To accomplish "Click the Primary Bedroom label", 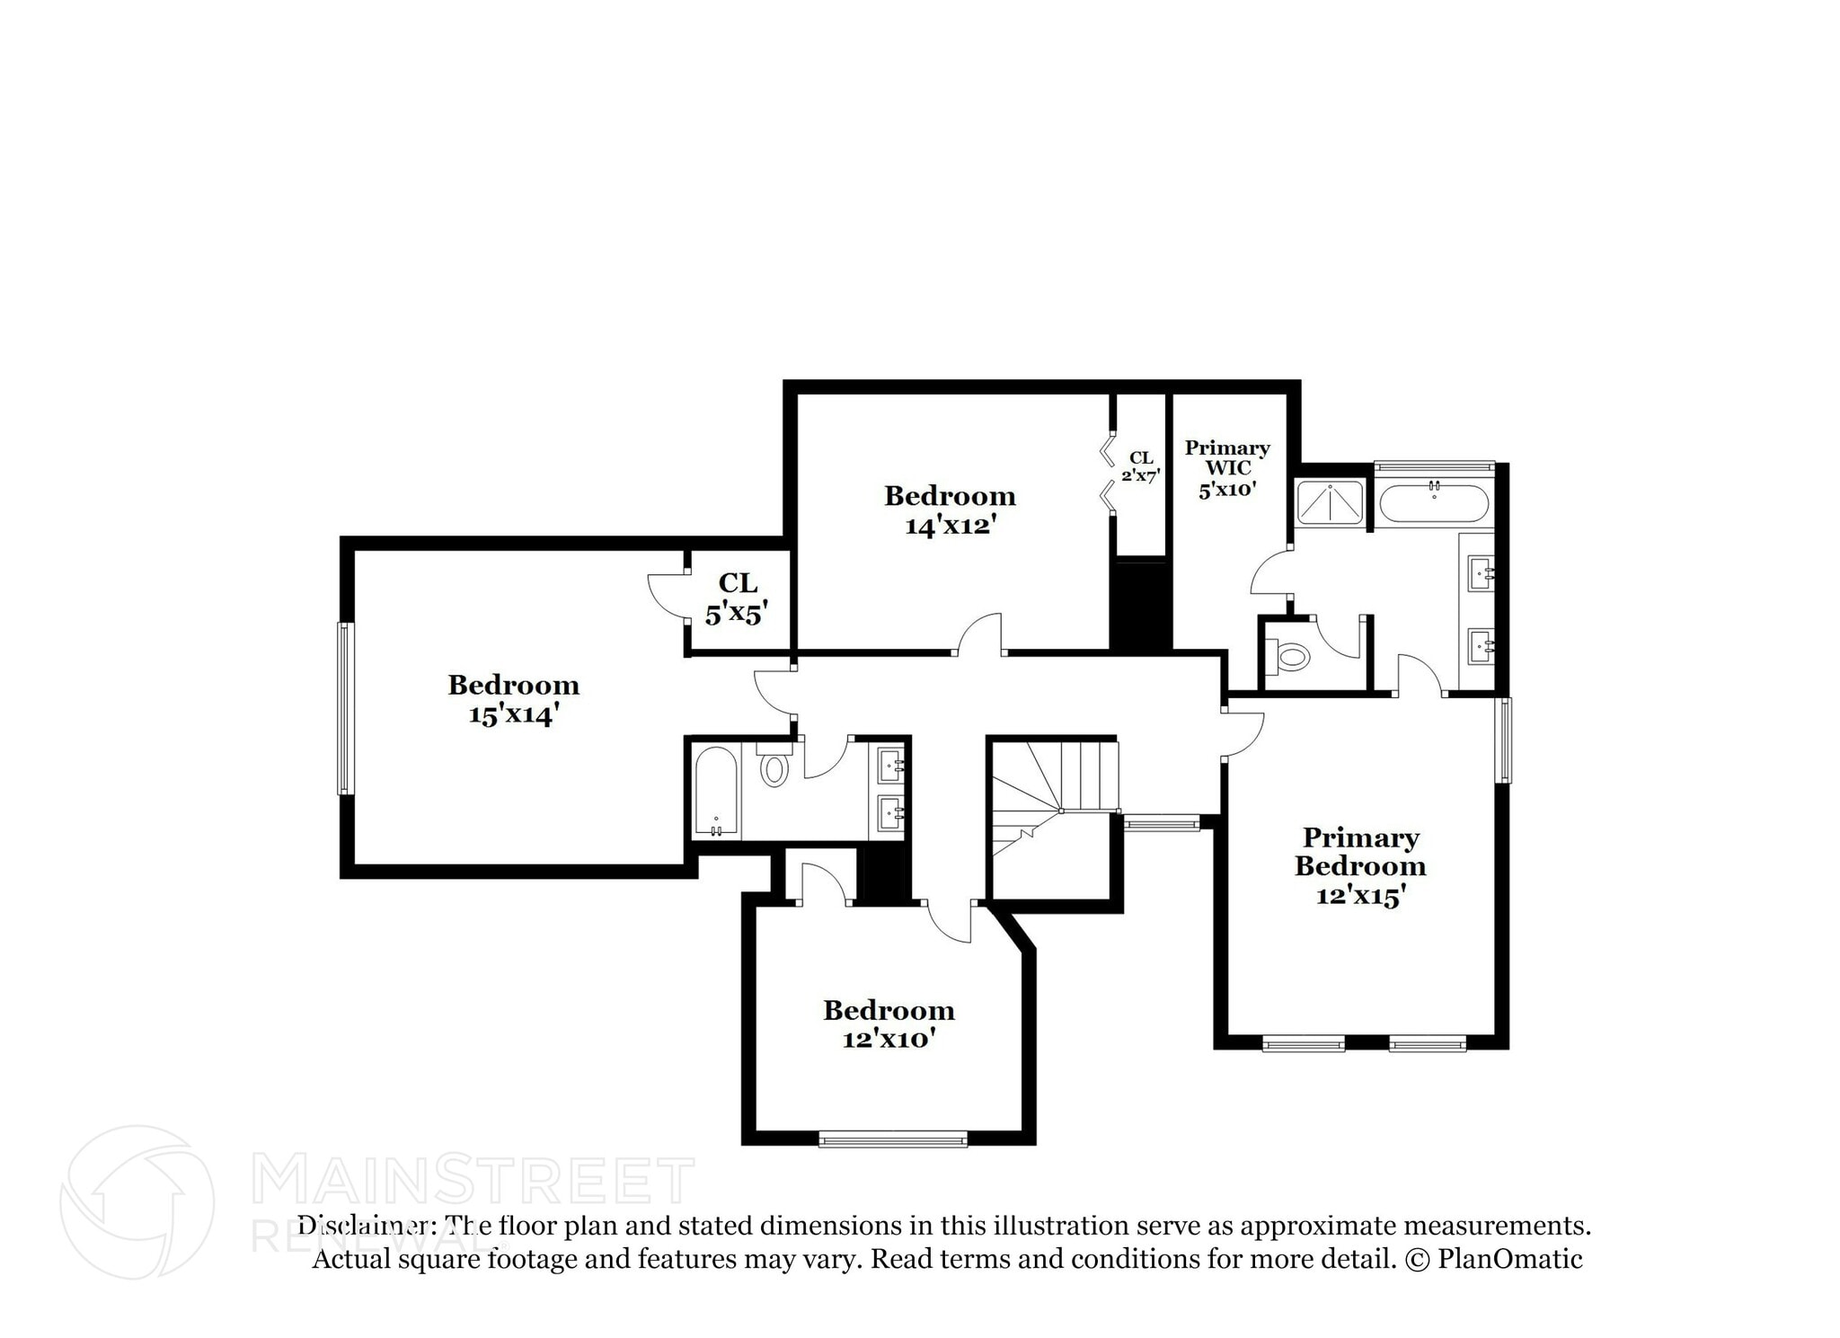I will pos(1359,852).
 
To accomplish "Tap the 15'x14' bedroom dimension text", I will pos(514,715).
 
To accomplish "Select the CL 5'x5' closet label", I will pos(737,598).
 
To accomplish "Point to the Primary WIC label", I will pos(1227,458).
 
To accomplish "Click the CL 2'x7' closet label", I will pos(1141,467).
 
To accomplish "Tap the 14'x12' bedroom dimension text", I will pos(951,526).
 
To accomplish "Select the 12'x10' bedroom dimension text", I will pos(889,1040).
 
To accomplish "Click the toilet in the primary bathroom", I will pos(1290,656).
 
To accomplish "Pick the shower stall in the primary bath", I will pos(1330,501).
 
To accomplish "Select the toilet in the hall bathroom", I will pos(774,766).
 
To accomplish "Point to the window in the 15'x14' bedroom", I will pos(344,708).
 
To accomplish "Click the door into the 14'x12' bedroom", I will pos(979,634).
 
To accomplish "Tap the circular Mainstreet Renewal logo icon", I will pos(137,1201).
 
